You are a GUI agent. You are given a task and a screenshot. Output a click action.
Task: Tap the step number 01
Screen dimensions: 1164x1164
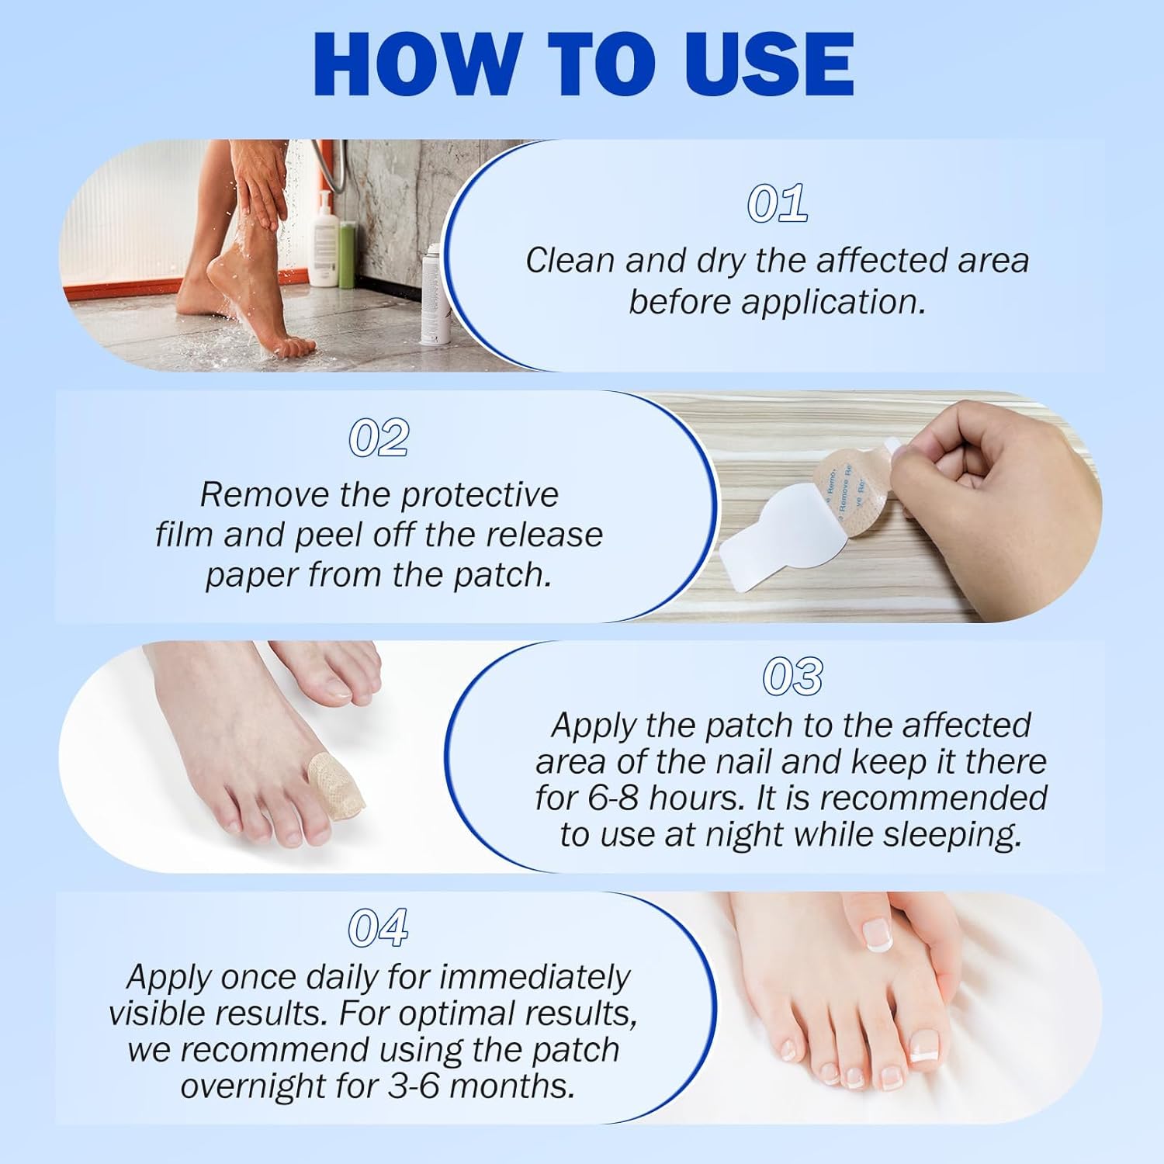click(x=777, y=203)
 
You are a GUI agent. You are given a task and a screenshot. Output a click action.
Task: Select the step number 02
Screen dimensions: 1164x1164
click(x=379, y=438)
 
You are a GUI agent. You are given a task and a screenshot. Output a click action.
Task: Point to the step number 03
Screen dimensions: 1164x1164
click(x=792, y=676)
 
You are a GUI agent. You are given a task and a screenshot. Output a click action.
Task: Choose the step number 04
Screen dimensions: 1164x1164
click(x=378, y=927)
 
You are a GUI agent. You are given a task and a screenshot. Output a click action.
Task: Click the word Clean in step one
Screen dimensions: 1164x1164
click(x=570, y=261)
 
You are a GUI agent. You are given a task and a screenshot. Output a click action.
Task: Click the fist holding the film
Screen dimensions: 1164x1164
click(x=1001, y=497)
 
